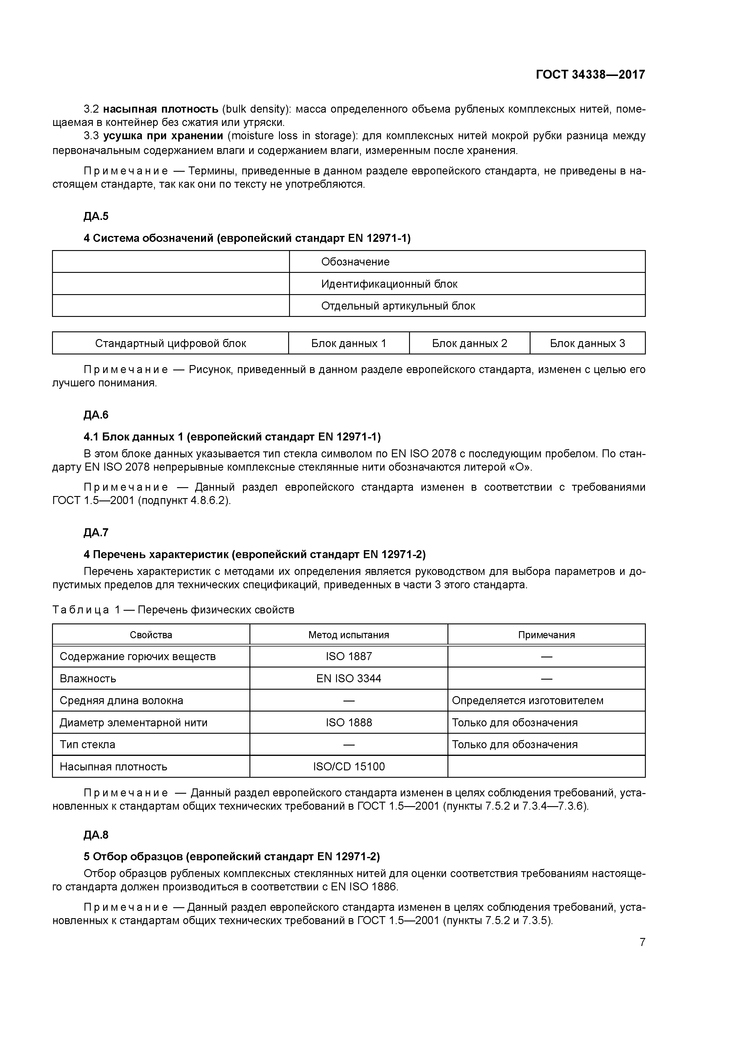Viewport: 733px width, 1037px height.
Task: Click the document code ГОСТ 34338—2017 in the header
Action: tap(590, 74)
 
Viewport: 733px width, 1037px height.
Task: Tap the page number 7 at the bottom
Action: tap(642, 942)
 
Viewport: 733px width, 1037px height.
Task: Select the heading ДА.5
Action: tap(96, 216)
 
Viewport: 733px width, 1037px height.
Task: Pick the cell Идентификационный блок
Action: tap(389, 284)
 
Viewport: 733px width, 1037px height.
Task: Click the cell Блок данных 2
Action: tap(469, 343)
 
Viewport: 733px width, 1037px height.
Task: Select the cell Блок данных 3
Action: tap(587, 343)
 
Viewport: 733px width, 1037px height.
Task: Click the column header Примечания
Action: tap(546, 635)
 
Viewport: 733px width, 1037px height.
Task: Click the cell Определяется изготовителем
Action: tap(527, 701)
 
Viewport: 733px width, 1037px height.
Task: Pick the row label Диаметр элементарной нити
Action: tap(133, 723)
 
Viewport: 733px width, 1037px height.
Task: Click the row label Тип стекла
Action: tap(87, 745)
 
